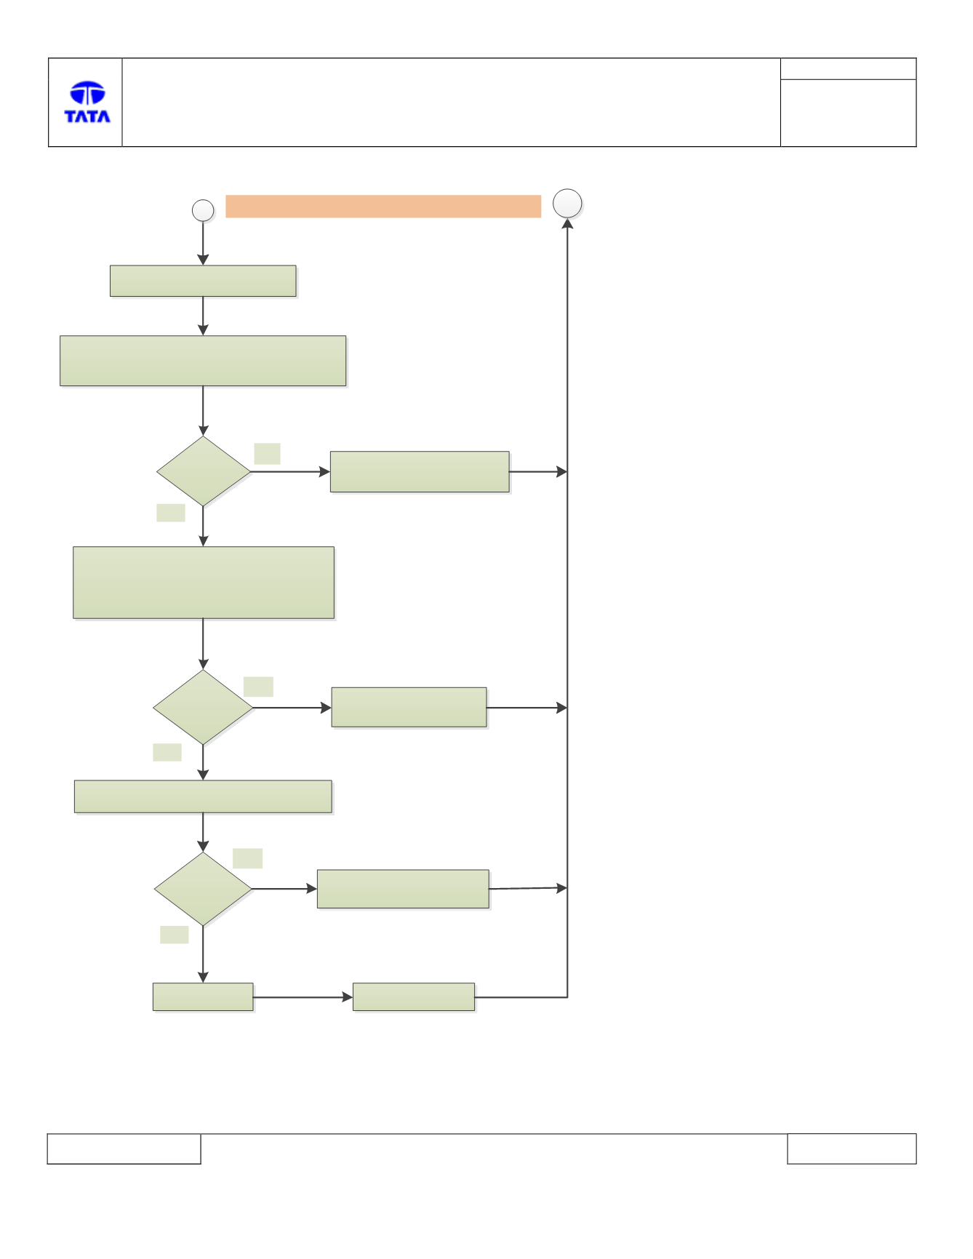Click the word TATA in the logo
87,116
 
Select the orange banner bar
383,206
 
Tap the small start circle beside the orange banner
203,210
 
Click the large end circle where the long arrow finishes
567,204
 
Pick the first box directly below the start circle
203,281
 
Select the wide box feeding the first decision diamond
203,361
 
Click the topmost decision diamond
204,471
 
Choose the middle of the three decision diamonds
203,707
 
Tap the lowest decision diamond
203,889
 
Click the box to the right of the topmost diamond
420,472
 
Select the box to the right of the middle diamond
409,707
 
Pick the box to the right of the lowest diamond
403,889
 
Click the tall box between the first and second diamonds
204,583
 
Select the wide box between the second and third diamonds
203,796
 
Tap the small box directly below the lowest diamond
203,997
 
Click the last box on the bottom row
414,997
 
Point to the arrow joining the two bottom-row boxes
303,997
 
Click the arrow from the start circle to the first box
203,244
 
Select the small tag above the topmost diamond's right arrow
267,454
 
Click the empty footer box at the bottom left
124,1148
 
